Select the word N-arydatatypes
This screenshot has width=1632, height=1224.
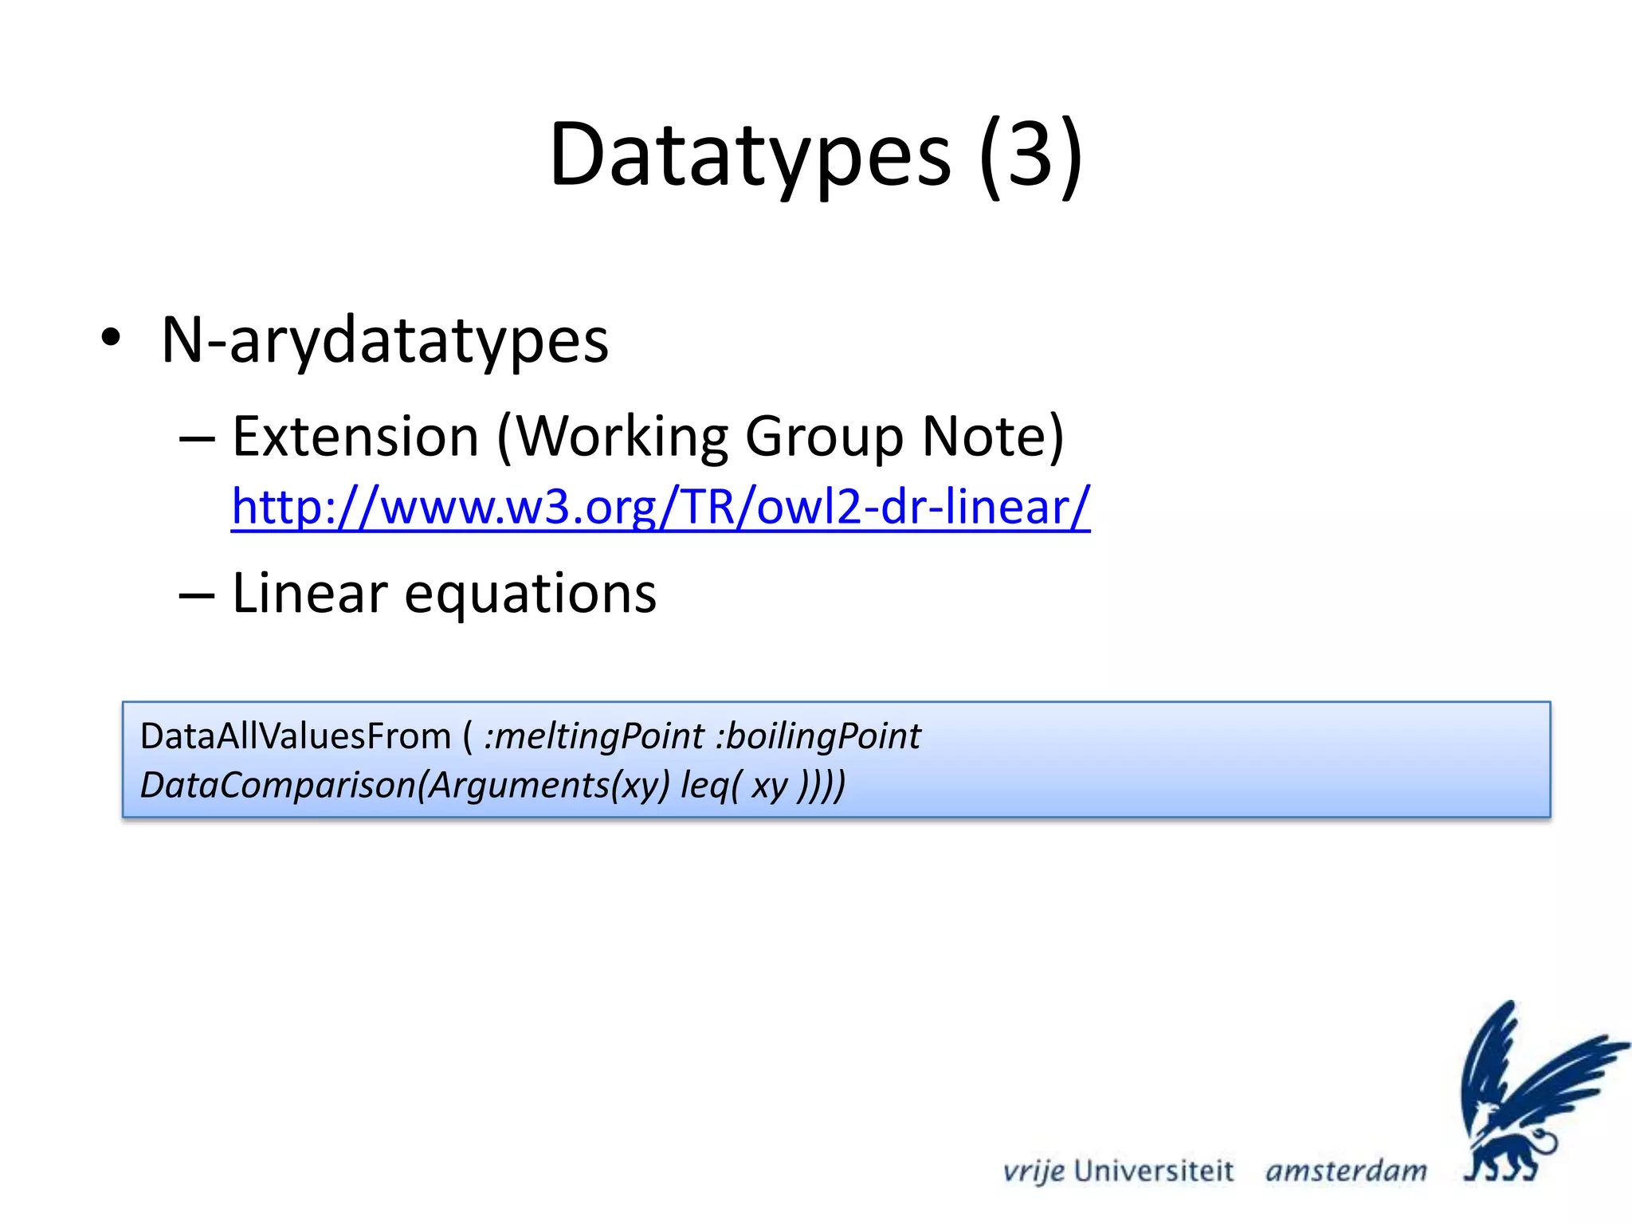point(385,341)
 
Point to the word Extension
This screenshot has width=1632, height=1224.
point(355,437)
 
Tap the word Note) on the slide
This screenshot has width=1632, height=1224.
point(993,437)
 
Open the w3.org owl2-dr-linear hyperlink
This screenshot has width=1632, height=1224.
point(660,507)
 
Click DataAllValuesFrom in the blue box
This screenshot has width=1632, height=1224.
point(296,736)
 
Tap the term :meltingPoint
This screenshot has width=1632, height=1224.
point(594,736)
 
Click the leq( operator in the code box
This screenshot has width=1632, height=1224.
point(710,786)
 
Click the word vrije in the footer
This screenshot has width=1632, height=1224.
point(1034,1171)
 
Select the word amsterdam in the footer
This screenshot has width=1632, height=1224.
point(1346,1171)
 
